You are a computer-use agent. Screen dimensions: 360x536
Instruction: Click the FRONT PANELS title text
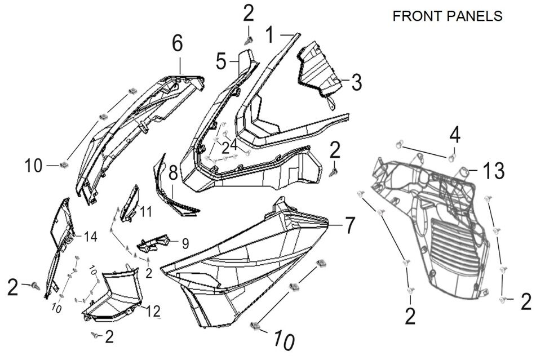click(x=447, y=16)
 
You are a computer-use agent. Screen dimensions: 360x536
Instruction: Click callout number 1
click(x=270, y=36)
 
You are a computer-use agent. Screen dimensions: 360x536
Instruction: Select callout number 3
click(x=356, y=82)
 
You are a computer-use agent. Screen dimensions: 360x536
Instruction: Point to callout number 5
click(x=221, y=60)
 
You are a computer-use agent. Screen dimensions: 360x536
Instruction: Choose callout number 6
click(x=178, y=43)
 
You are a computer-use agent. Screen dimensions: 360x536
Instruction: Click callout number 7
click(x=349, y=226)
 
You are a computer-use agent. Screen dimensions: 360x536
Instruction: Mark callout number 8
click(x=172, y=172)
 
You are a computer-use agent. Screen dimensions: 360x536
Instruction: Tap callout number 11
click(x=147, y=212)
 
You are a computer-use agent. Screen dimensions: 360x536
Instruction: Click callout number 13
click(x=492, y=171)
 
